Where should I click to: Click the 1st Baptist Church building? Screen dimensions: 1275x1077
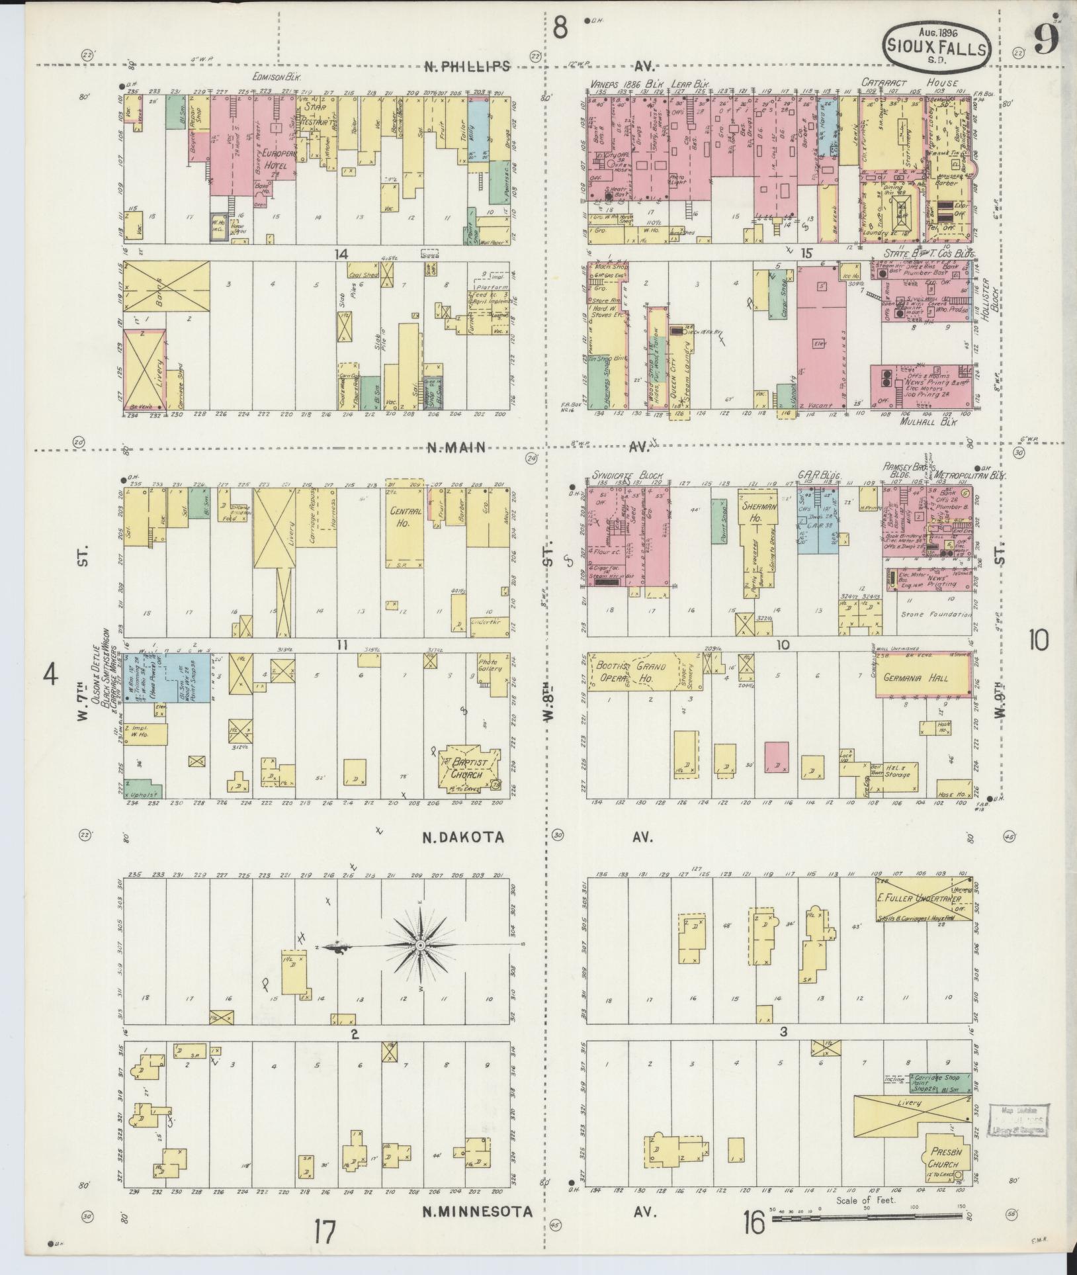[469, 768]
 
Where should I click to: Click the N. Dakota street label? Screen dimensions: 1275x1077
[464, 838]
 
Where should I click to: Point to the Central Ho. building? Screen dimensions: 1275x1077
[404, 529]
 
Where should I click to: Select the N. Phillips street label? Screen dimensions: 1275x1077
[468, 66]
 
